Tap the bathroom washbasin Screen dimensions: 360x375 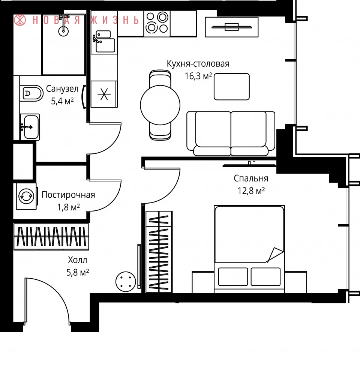click(x=30, y=127)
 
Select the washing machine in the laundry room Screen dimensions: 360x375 click(x=27, y=196)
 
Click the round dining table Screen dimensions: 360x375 click(x=160, y=105)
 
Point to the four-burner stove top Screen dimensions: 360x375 click(x=157, y=23)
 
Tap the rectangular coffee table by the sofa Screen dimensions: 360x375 click(x=231, y=87)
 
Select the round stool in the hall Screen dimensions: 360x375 click(x=126, y=282)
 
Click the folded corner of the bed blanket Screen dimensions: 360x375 click(x=275, y=255)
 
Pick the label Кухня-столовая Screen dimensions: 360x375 click(x=198, y=64)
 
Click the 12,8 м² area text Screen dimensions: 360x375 click(x=251, y=191)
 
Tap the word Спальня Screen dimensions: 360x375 click(x=251, y=178)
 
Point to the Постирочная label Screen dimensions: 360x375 click(x=68, y=195)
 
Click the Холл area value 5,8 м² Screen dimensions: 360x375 click(x=78, y=272)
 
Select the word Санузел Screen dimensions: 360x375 click(x=62, y=89)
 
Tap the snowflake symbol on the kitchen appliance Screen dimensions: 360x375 click(x=104, y=94)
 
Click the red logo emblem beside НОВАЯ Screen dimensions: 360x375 click(x=20, y=20)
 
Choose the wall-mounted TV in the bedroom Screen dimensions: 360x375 click(x=249, y=165)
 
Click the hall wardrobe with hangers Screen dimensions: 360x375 click(x=51, y=237)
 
